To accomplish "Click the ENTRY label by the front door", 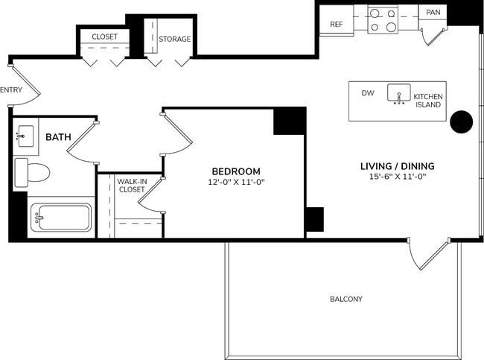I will [x=11, y=90].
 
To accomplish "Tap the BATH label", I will [x=58, y=137].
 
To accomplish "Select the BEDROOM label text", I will [x=236, y=171].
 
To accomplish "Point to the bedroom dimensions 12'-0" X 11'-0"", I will [x=236, y=182].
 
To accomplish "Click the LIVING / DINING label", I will [x=397, y=165].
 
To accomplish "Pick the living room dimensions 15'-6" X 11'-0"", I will [x=397, y=177].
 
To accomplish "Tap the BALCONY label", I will [x=346, y=299].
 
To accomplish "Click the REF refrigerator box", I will [x=336, y=23].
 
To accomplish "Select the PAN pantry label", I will [x=433, y=12].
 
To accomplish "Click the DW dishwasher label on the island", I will [x=367, y=94].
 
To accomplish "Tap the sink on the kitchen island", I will [x=398, y=95].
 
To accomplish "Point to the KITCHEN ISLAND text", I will [x=427, y=101].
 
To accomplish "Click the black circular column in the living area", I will [x=462, y=121].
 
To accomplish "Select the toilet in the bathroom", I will [x=31, y=172].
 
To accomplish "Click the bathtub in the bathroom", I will [x=60, y=218].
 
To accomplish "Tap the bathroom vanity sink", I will [x=25, y=136].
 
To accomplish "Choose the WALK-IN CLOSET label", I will [x=131, y=185].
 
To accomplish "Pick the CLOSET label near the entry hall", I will [x=104, y=37].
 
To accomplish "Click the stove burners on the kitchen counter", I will [x=383, y=20].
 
